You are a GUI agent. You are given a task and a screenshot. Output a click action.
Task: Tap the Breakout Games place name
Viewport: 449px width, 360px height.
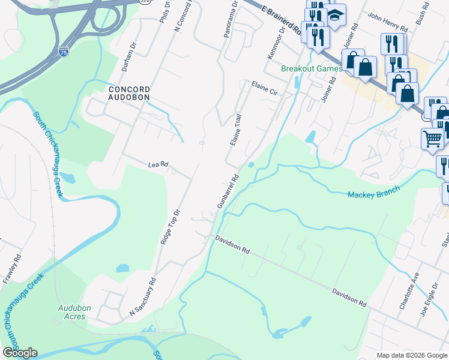[x=312, y=68]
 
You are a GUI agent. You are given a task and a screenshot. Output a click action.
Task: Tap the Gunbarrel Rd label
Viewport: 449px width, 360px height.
[x=228, y=191]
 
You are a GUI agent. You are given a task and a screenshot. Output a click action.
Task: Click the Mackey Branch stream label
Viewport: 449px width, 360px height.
[x=373, y=194]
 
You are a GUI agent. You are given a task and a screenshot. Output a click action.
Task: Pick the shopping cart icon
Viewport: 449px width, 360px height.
[x=432, y=139]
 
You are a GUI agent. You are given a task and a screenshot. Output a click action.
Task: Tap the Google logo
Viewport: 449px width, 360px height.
[x=20, y=353]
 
